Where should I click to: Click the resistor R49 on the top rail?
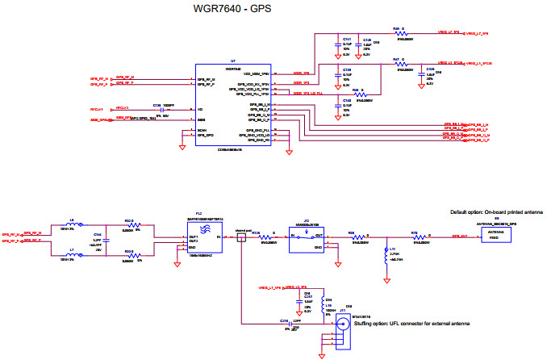pos(400,34)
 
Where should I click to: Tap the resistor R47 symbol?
pos(400,64)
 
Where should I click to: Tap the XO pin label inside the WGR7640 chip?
pos(200,109)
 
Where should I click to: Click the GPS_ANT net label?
pos(461,236)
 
